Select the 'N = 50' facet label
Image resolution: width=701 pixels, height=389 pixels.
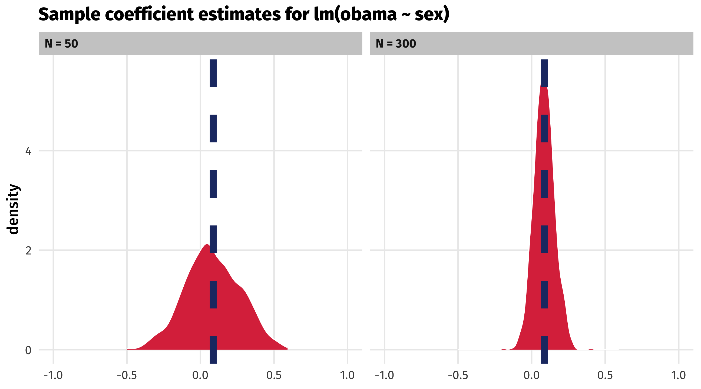(61, 44)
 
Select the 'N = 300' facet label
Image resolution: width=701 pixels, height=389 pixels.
(396, 44)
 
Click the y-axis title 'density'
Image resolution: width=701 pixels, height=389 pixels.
(12, 209)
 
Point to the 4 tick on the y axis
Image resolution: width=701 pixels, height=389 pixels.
(28, 151)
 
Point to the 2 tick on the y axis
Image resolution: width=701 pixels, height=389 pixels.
(28, 251)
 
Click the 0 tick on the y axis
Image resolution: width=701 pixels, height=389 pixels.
(28, 350)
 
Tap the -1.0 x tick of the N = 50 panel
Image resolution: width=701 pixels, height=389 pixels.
(53, 375)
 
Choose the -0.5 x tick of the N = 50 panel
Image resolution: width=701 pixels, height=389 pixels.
(127, 375)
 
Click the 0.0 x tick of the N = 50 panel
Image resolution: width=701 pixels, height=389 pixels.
(200, 375)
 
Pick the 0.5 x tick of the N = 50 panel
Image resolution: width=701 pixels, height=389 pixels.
(274, 375)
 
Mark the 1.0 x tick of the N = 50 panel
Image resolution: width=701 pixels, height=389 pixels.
(348, 375)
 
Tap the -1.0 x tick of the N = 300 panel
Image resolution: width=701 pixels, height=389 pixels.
(385, 375)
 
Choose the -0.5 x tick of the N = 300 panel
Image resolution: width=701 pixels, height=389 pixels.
(458, 375)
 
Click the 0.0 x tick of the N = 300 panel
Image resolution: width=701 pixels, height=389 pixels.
(531, 375)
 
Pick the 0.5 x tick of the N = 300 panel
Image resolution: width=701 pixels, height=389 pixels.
(605, 375)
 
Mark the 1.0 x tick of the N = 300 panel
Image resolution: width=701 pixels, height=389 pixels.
(679, 375)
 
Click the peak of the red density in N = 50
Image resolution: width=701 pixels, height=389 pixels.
(207, 245)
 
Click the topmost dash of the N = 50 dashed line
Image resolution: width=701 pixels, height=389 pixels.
(213, 73)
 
